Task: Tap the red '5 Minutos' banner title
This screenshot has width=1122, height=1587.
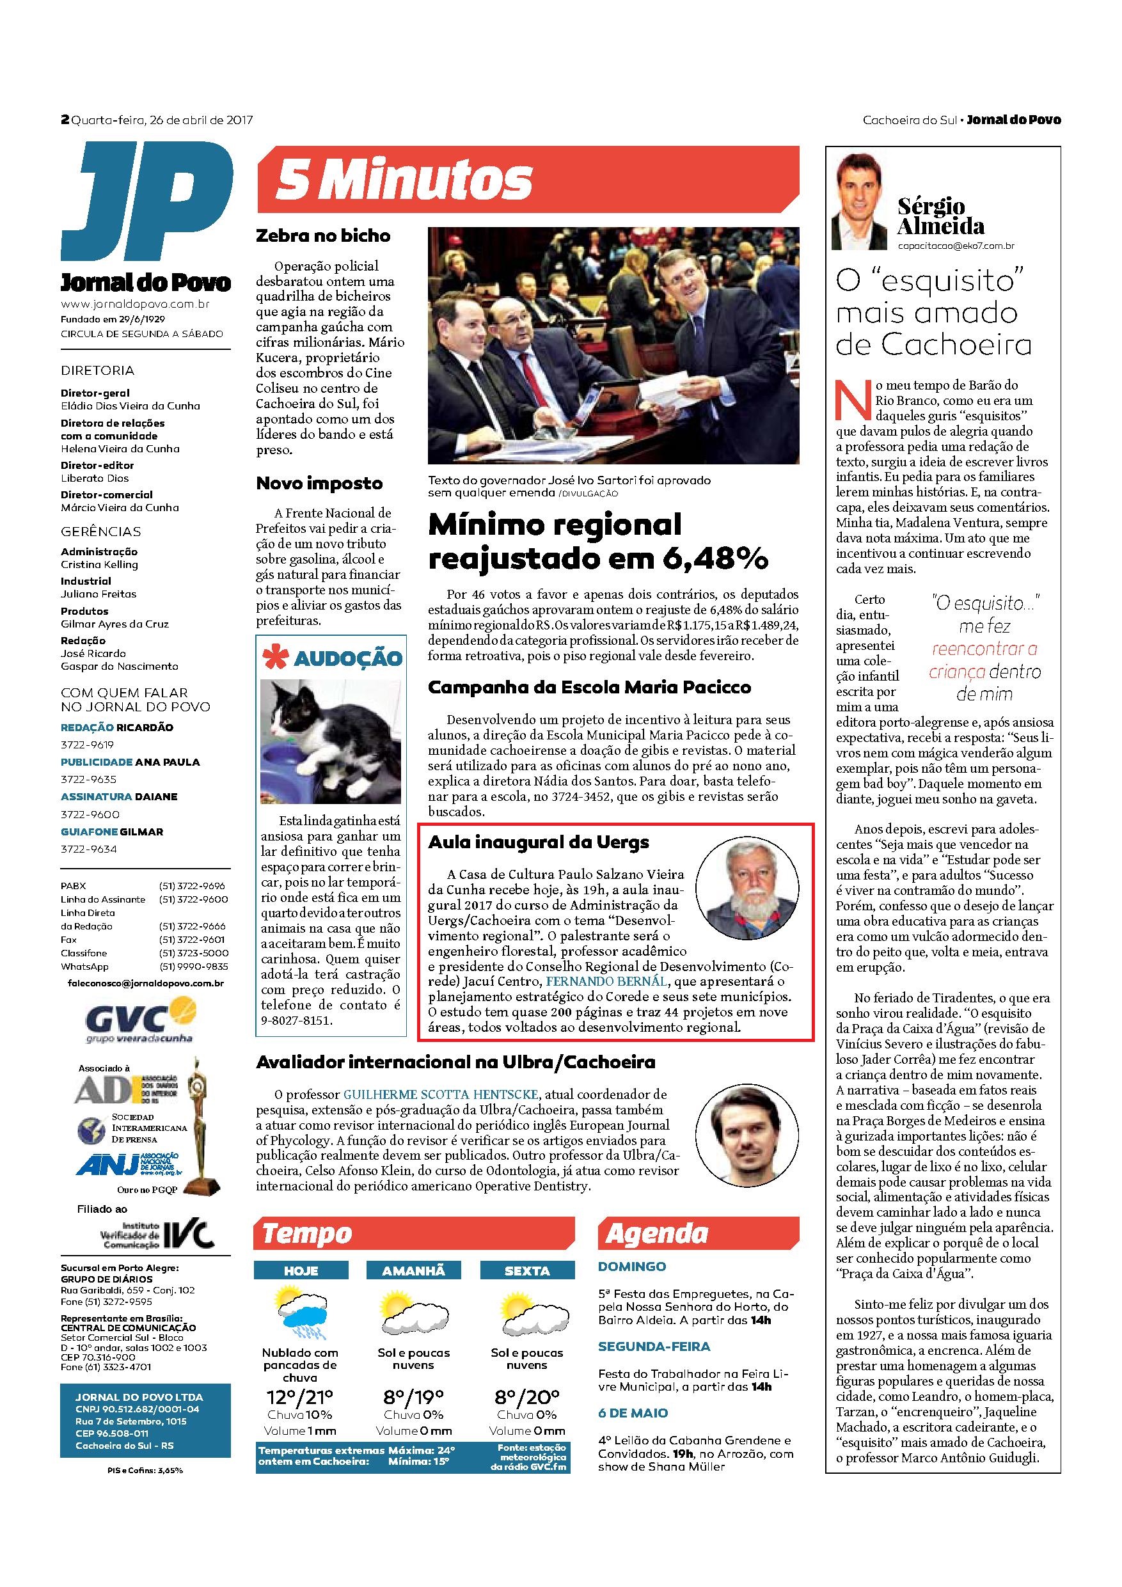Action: pyautogui.click(x=404, y=180)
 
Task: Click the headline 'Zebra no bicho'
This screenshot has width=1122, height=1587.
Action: pyautogui.click(x=323, y=235)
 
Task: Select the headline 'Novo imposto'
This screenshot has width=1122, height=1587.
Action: pyautogui.click(x=319, y=483)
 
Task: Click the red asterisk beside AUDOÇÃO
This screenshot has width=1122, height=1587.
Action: pyautogui.click(x=274, y=658)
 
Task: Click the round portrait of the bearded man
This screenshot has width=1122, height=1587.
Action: pyautogui.click(x=747, y=887)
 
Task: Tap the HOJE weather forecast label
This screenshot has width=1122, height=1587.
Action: pyautogui.click(x=301, y=1271)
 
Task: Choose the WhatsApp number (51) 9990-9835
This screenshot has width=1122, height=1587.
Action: pyautogui.click(x=194, y=967)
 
